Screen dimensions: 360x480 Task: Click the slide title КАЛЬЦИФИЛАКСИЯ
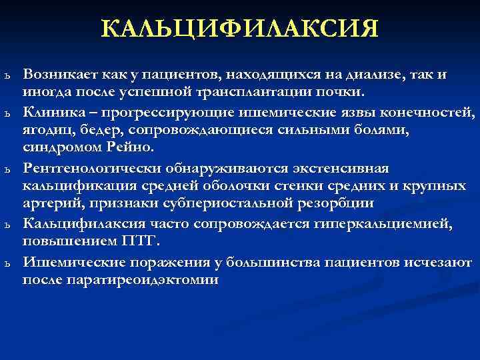tap(240, 29)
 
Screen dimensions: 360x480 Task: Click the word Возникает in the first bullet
tap(55, 75)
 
